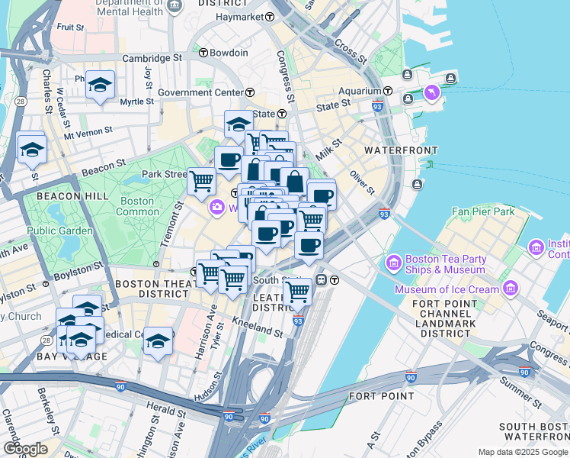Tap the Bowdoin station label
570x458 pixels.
click(x=229, y=53)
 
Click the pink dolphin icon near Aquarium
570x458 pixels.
click(x=433, y=93)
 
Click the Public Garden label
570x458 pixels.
click(x=59, y=231)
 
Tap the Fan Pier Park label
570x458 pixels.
click(x=482, y=211)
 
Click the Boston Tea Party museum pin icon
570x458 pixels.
click(x=394, y=263)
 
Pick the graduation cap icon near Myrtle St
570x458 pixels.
click(x=100, y=85)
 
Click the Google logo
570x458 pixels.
click(x=25, y=449)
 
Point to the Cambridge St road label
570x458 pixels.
click(x=153, y=57)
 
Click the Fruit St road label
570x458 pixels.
click(x=70, y=27)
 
